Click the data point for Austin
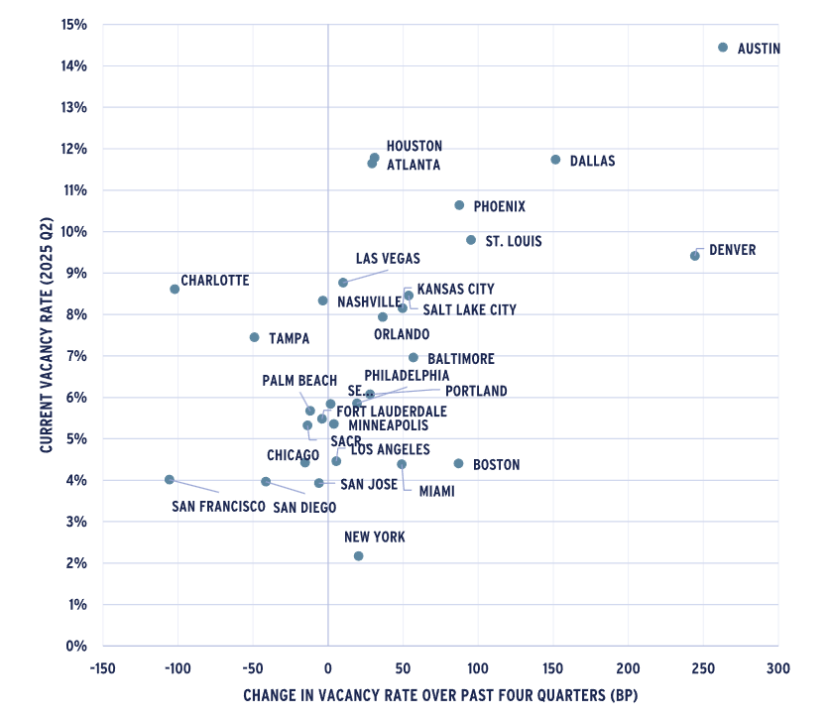(x=723, y=48)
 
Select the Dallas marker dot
(x=555, y=160)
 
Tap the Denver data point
(x=695, y=256)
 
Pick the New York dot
(x=358, y=556)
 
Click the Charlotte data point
(x=175, y=290)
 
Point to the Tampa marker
(x=254, y=337)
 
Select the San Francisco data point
(x=170, y=480)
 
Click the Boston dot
(x=458, y=463)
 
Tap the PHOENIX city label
(x=499, y=207)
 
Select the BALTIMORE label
(x=460, y=359)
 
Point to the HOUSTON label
(x=414, y=146)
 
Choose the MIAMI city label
(x=436, y=491)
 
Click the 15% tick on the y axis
(x=74, y=24)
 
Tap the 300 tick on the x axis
(x=777, y=667)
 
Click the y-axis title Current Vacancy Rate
(x=47, y=334)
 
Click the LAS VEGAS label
(x=388, y=259)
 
